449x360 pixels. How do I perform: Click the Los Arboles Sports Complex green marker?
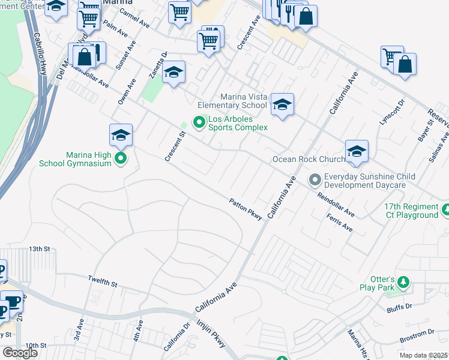tap(200, 122)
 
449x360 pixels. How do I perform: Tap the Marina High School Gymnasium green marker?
tap(121, 158)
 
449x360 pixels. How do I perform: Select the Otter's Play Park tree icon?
tap(405, 282)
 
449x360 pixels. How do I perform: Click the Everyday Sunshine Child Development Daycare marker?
tap(315, 179)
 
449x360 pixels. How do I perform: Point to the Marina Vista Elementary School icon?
tap(282, 105)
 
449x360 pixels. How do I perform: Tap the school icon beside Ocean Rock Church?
tap(357, 151)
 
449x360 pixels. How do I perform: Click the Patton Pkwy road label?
tap(246, 210)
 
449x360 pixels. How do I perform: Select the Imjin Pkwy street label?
tap(211, 333)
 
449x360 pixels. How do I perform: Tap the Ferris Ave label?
tap(339, 224)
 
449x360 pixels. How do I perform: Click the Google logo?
tap(20, 353)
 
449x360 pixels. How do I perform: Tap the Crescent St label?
tap(173, 146)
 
